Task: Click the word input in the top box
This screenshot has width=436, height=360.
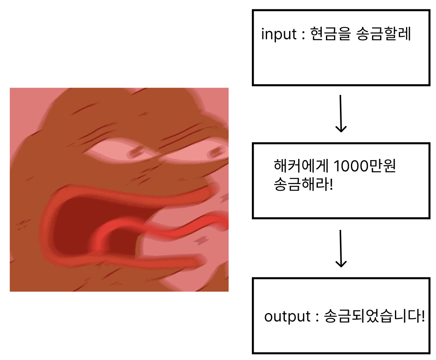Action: [x=279, y=34]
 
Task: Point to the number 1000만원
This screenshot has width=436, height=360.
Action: [x=364, y=167]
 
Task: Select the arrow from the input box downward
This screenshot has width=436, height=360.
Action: [x=341, y=113]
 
